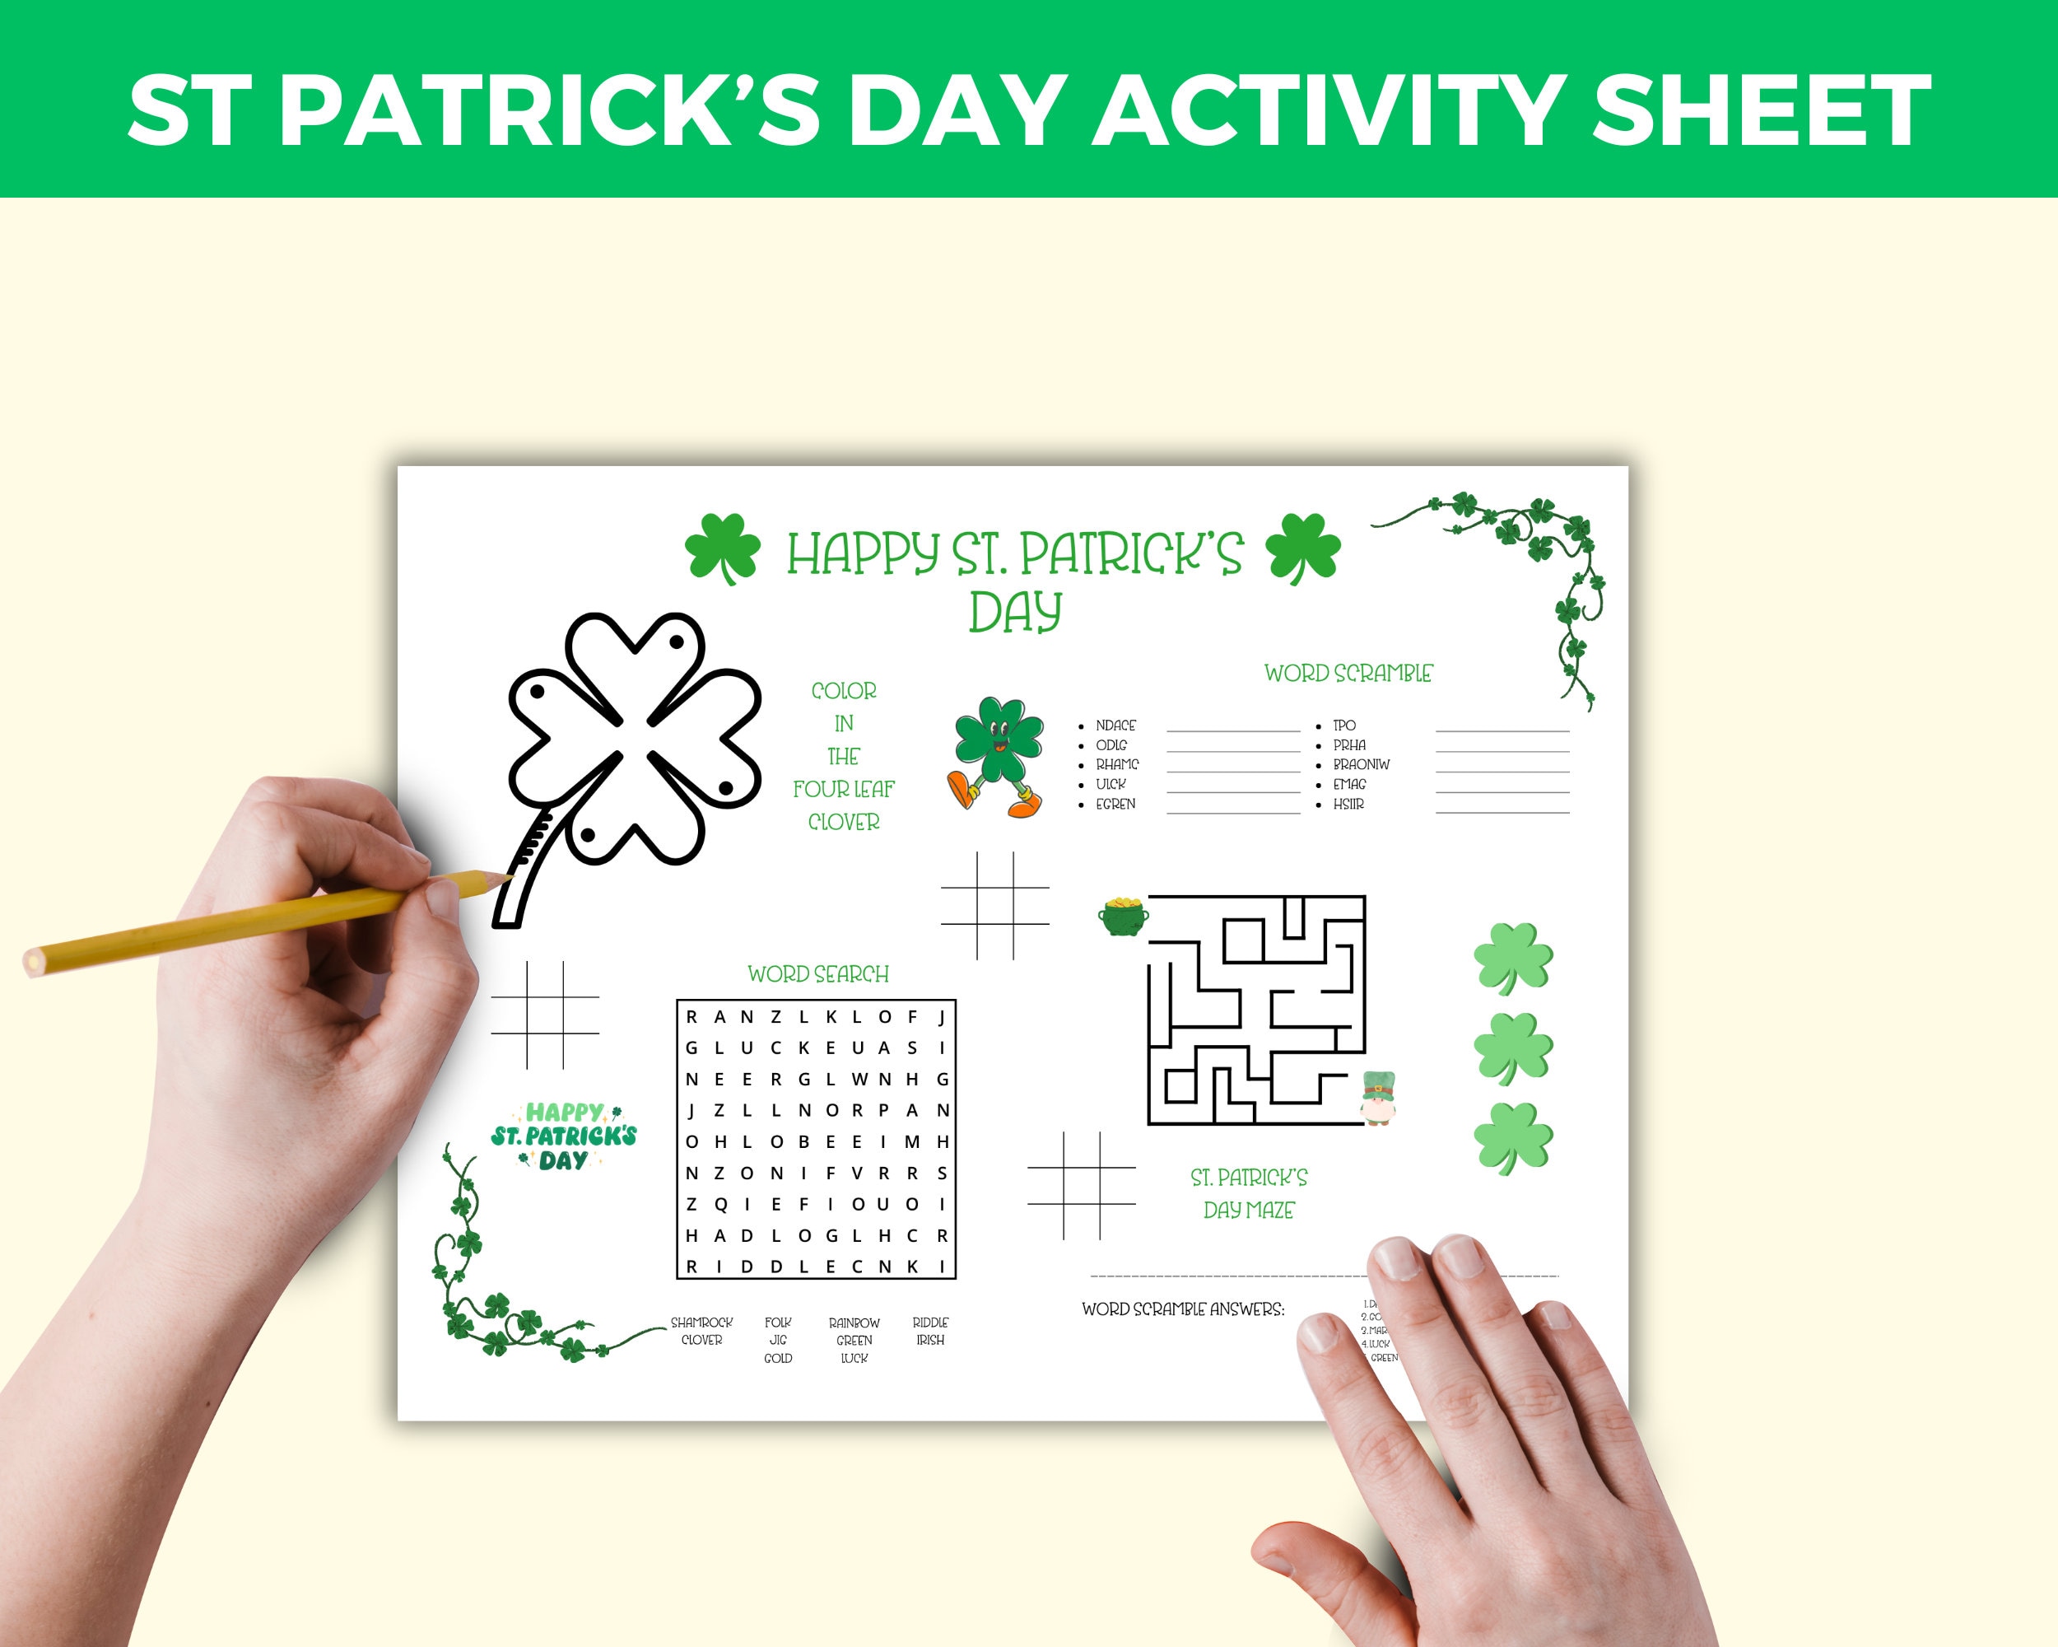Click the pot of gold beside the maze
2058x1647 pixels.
click(1123, 916)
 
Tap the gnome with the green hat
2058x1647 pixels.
click(1378, 1098)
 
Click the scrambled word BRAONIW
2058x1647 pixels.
click(1362, 765)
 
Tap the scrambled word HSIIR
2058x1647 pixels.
click(1348, 805)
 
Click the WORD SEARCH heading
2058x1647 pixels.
click(818, 974)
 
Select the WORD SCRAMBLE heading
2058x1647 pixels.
click(1348, 673)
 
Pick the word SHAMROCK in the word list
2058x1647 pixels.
click(701, 1323)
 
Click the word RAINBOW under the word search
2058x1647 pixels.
click(854, 1323)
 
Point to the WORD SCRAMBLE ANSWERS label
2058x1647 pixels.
click(1183, 1309)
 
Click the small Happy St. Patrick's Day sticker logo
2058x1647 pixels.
click(564, 1136)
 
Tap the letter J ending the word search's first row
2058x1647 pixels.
click(942, 1017)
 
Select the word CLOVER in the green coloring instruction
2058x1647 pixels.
click(844, 822)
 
